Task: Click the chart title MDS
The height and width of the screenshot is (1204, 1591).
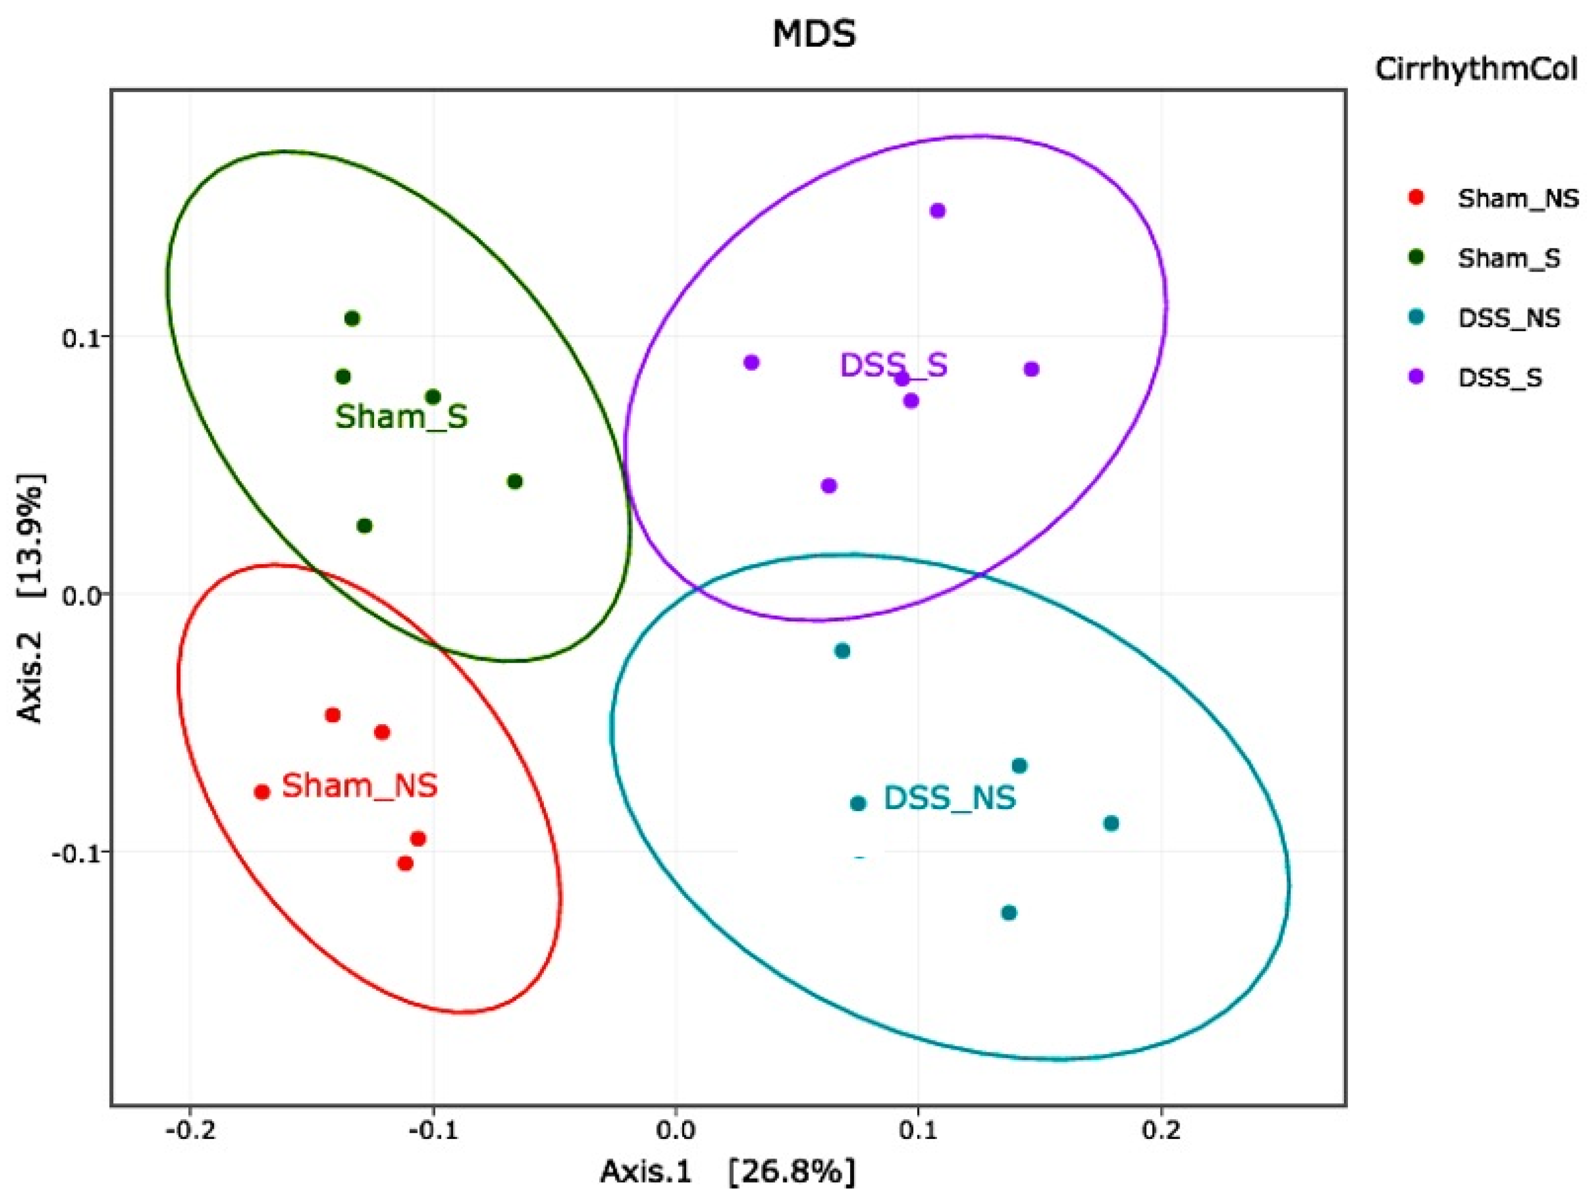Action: click(x=814, y=34)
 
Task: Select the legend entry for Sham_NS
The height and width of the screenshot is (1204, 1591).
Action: click(x=1508, y=198)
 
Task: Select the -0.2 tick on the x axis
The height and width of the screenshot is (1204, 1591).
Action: click(x=189, y=1130)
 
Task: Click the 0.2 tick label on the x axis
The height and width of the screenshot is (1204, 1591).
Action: click(x=1161, y=1130)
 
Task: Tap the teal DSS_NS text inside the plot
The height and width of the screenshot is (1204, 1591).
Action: click(x=950, y=797)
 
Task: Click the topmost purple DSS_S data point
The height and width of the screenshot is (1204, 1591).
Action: click(x=937, y=211)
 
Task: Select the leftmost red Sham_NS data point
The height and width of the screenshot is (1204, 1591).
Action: click(x=262, y=792)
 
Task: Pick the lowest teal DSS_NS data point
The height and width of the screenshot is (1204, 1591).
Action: click(x=1009, y=913)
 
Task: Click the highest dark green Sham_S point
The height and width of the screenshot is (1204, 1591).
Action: click(x=352, y=318)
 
